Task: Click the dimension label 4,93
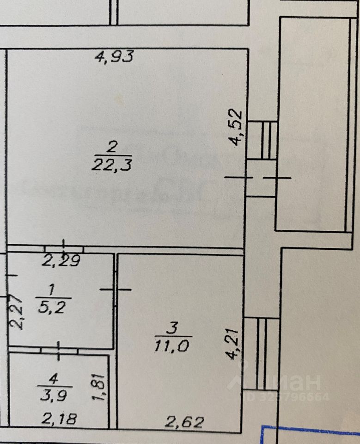point(114,57)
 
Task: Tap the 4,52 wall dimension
point(237,127)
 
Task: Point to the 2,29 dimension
point(61,262)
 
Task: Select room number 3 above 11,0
point(172,328)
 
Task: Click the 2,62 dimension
point(185,422)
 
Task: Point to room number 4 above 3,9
point(54,379)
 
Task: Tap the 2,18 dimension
point(59,419)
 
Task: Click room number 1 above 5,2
point(51,290)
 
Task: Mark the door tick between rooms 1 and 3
point(116,290)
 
